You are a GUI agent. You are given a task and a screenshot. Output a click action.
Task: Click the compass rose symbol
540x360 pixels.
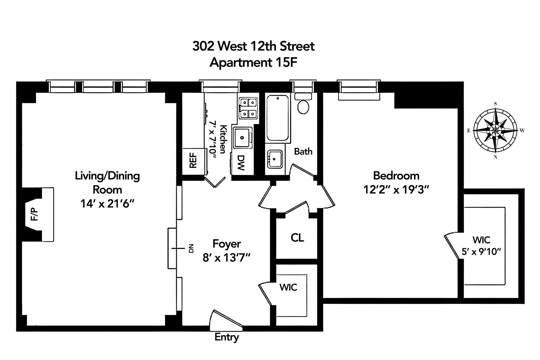[x=495, y=130]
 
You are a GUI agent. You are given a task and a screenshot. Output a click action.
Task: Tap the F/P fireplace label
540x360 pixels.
[x=35, y=214]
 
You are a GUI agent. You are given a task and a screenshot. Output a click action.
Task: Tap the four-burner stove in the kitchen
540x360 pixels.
[x=248, y=108]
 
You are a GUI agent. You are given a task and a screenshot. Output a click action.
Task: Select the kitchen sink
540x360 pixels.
[x=242, y=137]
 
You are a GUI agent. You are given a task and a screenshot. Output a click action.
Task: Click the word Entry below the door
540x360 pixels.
[x=226, y=337]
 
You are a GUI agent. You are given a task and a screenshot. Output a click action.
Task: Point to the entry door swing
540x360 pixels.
[x=225, y=319]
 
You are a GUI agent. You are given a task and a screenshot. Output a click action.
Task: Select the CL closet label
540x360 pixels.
[x=297, y=238]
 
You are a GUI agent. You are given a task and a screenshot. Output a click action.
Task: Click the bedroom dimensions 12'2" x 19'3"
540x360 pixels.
[x=396, y=190]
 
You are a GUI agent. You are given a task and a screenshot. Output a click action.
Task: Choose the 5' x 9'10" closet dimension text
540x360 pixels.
[x=481, y=252]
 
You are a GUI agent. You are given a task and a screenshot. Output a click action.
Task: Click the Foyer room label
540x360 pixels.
[x=226, y=244]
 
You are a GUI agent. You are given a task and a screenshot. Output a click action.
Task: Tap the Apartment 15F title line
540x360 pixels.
[x=253, y=63]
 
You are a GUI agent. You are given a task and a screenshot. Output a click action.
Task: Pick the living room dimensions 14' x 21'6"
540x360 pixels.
[x=107, y=204]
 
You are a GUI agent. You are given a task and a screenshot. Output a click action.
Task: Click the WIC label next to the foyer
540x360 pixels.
[x=288, y=287]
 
